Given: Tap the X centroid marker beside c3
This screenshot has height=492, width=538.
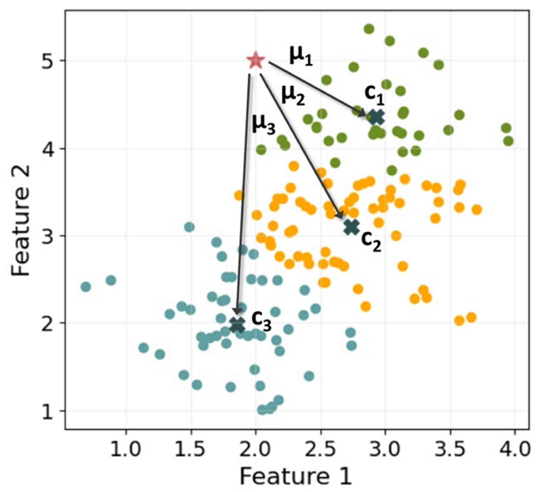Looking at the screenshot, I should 237,325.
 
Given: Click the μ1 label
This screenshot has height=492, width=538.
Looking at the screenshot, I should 301,56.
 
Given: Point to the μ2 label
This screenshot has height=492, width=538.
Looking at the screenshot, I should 293,95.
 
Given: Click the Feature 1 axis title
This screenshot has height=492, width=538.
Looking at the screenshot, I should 296,476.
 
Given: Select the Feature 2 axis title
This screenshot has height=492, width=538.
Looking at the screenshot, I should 21,221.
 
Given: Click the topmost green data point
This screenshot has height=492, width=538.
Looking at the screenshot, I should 369,29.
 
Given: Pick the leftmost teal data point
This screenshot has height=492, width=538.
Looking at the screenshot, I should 86,287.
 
